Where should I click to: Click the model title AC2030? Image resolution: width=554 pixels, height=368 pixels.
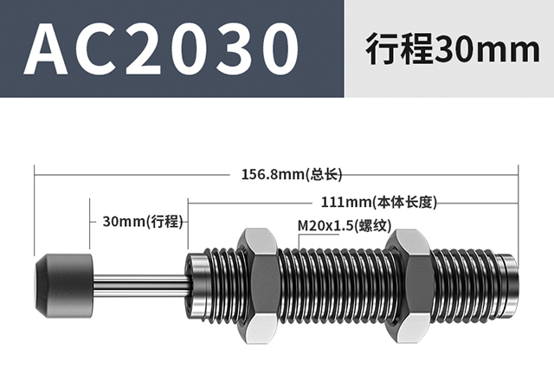tap(162, 48)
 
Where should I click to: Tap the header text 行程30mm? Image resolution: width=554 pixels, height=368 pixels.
tap(453, 48)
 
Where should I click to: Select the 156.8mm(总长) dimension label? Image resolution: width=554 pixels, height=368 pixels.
tap(292, 174)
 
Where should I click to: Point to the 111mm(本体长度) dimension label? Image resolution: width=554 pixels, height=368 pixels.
tap(379, 203)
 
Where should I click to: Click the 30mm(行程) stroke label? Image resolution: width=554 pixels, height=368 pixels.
tap(143, 222)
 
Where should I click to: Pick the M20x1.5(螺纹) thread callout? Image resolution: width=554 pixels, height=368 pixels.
tap(345, 225)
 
